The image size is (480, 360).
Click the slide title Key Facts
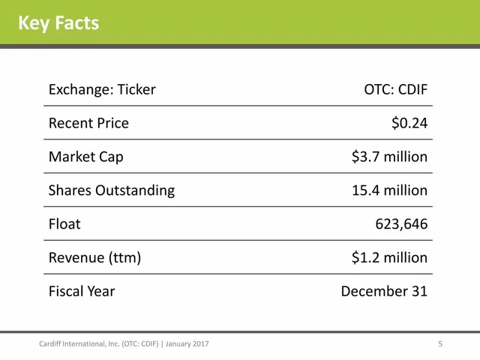click(x=58, y=23)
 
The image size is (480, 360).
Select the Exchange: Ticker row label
click(x=102, y=90)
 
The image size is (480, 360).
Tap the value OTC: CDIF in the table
click(x=395, y=90)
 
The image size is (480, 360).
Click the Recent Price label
click(x=88, y=124)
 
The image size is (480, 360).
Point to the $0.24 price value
click(x=409, y=123)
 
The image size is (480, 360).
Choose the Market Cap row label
click(x=86, y=157)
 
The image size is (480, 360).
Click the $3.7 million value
click(x=389, y=157)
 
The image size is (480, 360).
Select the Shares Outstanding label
click(x=112, y=190)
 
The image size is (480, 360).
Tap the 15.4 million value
click(x=389, y=190)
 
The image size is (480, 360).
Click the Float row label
click(x=64, y=224)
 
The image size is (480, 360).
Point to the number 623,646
click(x=401, y=224)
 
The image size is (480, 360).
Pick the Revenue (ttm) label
click(x=95, y=258)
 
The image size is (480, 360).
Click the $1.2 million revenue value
click(x=389, y=257)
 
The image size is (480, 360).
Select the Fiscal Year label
click(x=82, y=292)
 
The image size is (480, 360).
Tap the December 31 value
click(x=384, y=292)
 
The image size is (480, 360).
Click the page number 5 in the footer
click(x=440, y=344)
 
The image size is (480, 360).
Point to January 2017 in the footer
click(x=187, y=344)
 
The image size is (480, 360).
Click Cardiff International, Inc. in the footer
click(x=79, y=344)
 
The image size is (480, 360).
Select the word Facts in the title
click(x=77, y=23)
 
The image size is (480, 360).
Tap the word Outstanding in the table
click(x=135, y=190)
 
